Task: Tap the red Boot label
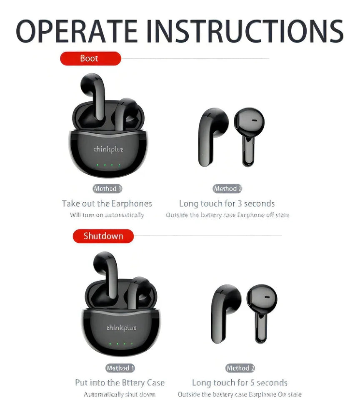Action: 90,58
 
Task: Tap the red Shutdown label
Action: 103,236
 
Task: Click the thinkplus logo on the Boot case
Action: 108,149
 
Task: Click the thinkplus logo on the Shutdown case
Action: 121,327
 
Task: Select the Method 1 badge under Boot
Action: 107,189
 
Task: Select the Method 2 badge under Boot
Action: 227,189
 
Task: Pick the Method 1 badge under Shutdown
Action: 120,368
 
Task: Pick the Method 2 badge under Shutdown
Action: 240,368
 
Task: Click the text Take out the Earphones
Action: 107,203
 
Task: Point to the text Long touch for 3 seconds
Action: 227,203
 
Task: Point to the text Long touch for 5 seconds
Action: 240,382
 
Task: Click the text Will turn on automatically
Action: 107,215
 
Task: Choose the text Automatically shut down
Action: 120,394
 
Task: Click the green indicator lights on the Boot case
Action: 108,166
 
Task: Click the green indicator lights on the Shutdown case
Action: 120,344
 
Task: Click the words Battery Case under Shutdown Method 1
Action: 143,382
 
